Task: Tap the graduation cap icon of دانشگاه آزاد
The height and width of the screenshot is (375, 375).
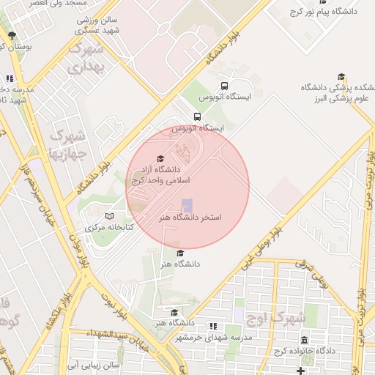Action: pyautogui.click(x=160, y=159)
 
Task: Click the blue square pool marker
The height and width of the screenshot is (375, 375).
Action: pyautogui.click(x=187, y=205)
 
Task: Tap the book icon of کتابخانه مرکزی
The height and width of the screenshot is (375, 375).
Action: pyautogui.click(x=110, y=216)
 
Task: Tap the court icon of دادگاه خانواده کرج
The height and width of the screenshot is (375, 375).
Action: pyautogui.click(x=305, y=340)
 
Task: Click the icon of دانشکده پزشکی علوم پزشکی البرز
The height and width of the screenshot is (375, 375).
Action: pyautogui.click(x=341, y=77)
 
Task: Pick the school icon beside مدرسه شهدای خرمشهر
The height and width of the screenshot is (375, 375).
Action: pyautogui.click(x=213, y=326)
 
